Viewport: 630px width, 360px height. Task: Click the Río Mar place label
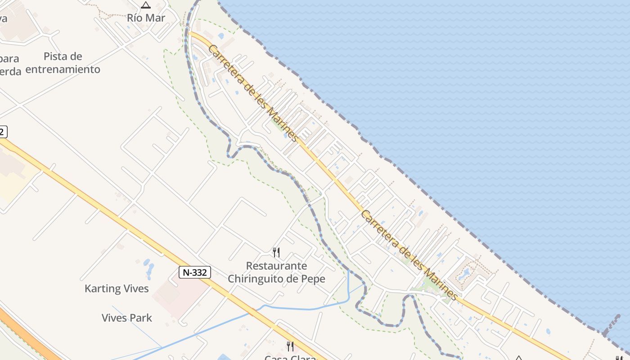(146, 18)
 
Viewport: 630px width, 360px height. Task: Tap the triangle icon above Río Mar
(145, 5)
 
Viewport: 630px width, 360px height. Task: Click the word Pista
(63, 57)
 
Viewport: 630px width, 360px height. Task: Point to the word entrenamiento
(63, 69)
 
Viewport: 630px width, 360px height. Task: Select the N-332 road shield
(195, 272)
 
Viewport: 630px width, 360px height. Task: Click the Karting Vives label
(117, 288)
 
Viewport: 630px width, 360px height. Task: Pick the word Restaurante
(276, 266)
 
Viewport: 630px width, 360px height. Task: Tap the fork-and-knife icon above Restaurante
(276, 252)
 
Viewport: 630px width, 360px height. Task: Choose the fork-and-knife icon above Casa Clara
(290, 346)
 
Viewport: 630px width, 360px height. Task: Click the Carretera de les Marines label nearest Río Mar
(253, 93)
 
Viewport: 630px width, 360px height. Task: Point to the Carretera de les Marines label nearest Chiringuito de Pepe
(409, 255)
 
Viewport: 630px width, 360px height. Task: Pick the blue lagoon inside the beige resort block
(466, 273)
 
